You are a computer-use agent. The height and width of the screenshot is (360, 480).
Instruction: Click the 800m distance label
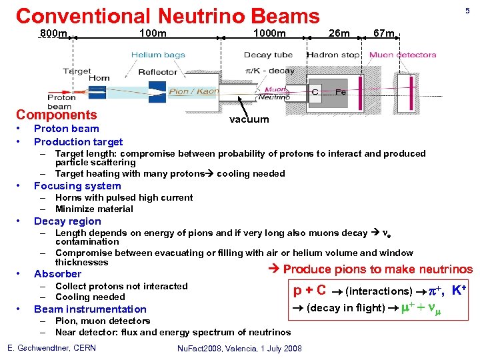(x=53, y=34)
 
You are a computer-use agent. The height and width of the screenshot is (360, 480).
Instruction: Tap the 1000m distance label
(x=269, y=34)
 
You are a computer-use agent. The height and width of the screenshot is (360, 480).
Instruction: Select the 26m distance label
(x=339, y=34)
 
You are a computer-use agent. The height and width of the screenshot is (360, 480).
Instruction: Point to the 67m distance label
(x=385, y=34)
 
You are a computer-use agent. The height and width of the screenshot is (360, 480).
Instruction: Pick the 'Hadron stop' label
(x=333, y=55)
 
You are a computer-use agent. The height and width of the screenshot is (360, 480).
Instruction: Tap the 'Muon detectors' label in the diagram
(x=403, y=55)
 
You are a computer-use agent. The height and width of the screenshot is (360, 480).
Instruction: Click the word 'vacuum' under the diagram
(x=249, y=119)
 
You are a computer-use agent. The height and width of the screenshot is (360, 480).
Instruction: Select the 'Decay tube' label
(x=268, y=55)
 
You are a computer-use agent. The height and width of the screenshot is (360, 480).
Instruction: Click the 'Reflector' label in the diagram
(x=158, y=72)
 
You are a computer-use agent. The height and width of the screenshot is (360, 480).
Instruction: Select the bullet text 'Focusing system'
(x=77, y=186)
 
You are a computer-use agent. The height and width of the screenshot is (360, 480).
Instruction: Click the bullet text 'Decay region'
(x=67, y=221)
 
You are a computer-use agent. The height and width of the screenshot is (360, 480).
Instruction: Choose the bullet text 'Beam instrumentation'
(x=90, y=309)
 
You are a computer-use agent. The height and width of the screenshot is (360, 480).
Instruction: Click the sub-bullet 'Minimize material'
(x=94, y=209)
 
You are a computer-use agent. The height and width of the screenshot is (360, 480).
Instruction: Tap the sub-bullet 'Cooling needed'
(x=90, y=297)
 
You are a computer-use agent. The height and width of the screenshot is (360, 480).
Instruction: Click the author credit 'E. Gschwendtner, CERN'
(x=51, y=348)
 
